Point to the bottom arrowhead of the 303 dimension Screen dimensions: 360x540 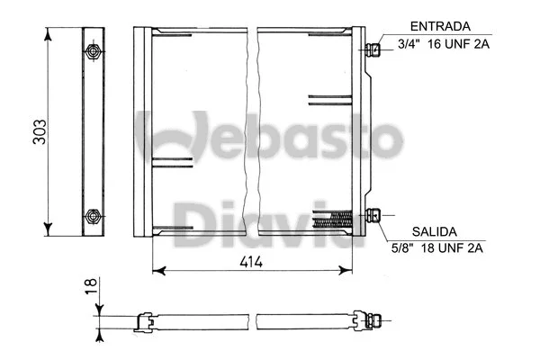49,232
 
